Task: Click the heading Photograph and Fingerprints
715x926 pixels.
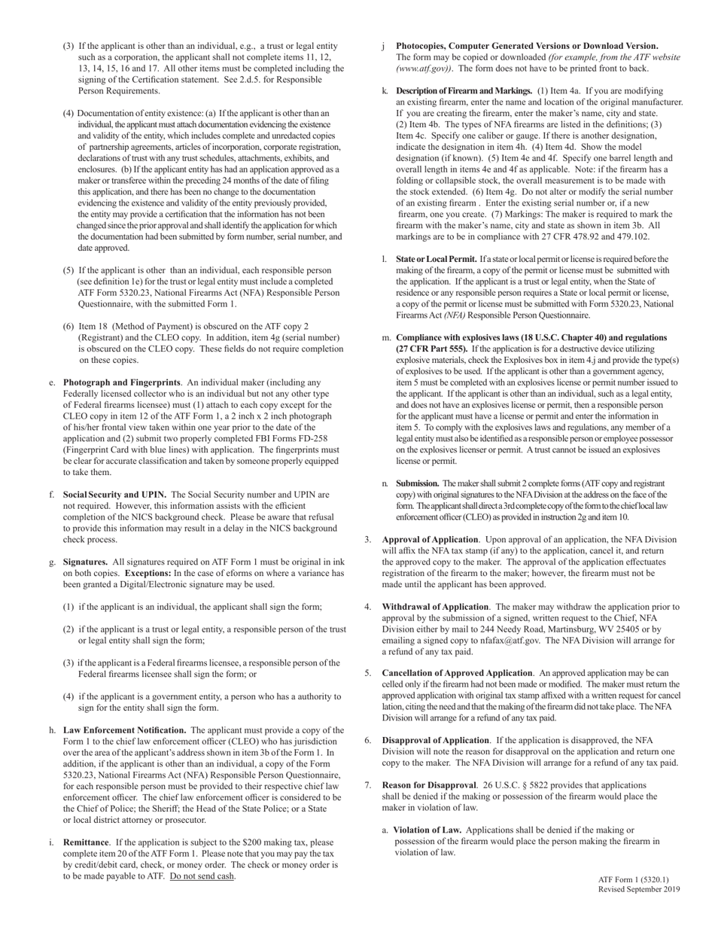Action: coord(122,382)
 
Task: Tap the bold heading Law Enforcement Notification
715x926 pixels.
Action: coord(125,730)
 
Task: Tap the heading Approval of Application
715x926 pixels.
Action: coord(430,540)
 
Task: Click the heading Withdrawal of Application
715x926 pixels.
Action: coord(435,607)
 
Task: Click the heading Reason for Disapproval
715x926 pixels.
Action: coord(429,785)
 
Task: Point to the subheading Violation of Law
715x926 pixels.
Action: coord(427,830)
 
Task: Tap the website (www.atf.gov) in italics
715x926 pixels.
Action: coord(424,69)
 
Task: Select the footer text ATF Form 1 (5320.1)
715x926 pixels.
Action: coord(633,879)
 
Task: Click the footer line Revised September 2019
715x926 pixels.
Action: coord(639,889)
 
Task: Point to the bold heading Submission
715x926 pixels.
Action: coord(418,483)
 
